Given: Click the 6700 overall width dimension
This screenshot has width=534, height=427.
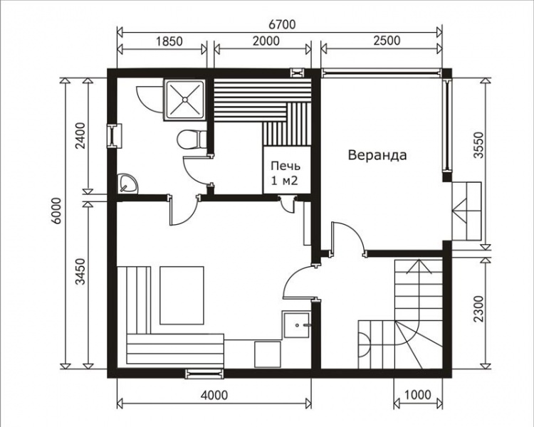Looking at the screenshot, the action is tap(282, 24).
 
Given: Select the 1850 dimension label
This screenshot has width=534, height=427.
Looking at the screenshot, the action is tap(169, 41).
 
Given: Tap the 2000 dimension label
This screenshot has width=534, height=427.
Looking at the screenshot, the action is tap(266, 41).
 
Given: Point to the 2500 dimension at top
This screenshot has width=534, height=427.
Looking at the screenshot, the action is tap(387, 41).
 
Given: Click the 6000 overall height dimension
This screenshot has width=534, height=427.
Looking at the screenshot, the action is tap(57, 211).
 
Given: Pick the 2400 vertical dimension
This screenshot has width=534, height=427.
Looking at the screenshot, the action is tap(81, 136).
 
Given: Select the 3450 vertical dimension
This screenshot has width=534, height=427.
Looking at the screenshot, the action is tap(80, 272).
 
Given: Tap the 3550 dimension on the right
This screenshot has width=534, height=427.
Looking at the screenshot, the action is tap(478, 145).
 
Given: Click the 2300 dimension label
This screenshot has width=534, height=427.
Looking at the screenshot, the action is tap(478, 309).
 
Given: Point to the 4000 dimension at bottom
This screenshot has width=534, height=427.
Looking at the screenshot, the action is tap(214, 395).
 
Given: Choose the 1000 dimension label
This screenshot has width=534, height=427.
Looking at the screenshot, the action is tap(418, 395).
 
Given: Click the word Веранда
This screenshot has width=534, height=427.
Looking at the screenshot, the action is tap(377, 155).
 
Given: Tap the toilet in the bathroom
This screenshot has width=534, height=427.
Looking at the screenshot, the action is tap(192, 139).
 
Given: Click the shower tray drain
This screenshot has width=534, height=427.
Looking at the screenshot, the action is tap(184, 100).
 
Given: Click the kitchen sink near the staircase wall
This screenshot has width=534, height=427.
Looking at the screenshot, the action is tap(297, 325).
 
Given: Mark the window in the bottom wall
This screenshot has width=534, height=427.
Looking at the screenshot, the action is tap(204, 374).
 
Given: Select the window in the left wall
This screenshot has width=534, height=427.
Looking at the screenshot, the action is tap(114, 136).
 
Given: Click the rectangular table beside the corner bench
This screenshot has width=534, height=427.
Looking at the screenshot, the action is tap(182, 295).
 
